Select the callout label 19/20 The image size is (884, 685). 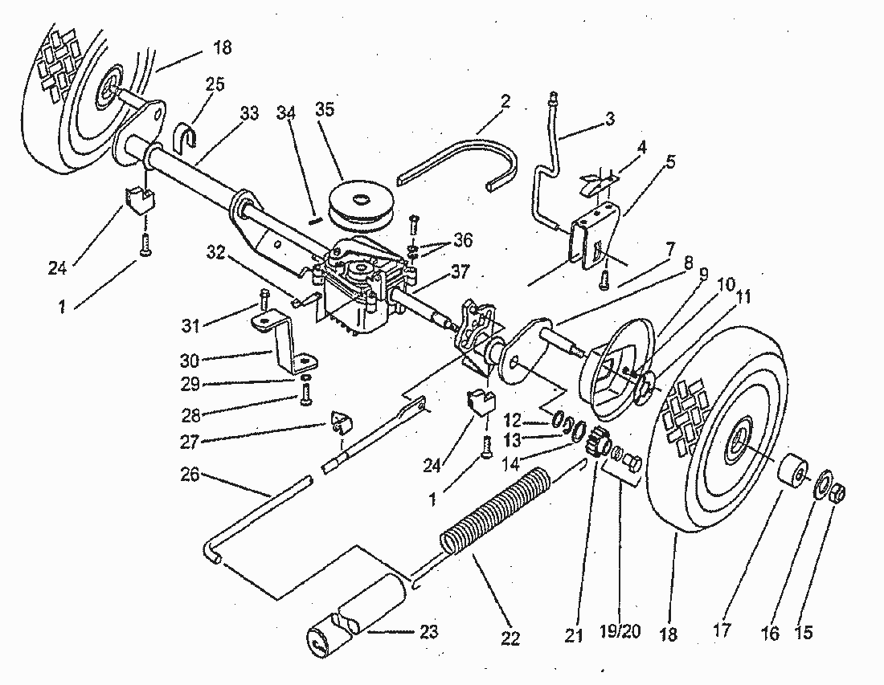click(620, 632)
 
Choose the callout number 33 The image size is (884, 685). click(249, 113)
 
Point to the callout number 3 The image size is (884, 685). click(610, 119)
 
